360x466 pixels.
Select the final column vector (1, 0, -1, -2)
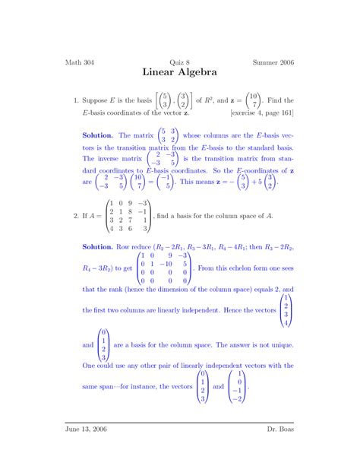pyautogui.click(x=239, y=386)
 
